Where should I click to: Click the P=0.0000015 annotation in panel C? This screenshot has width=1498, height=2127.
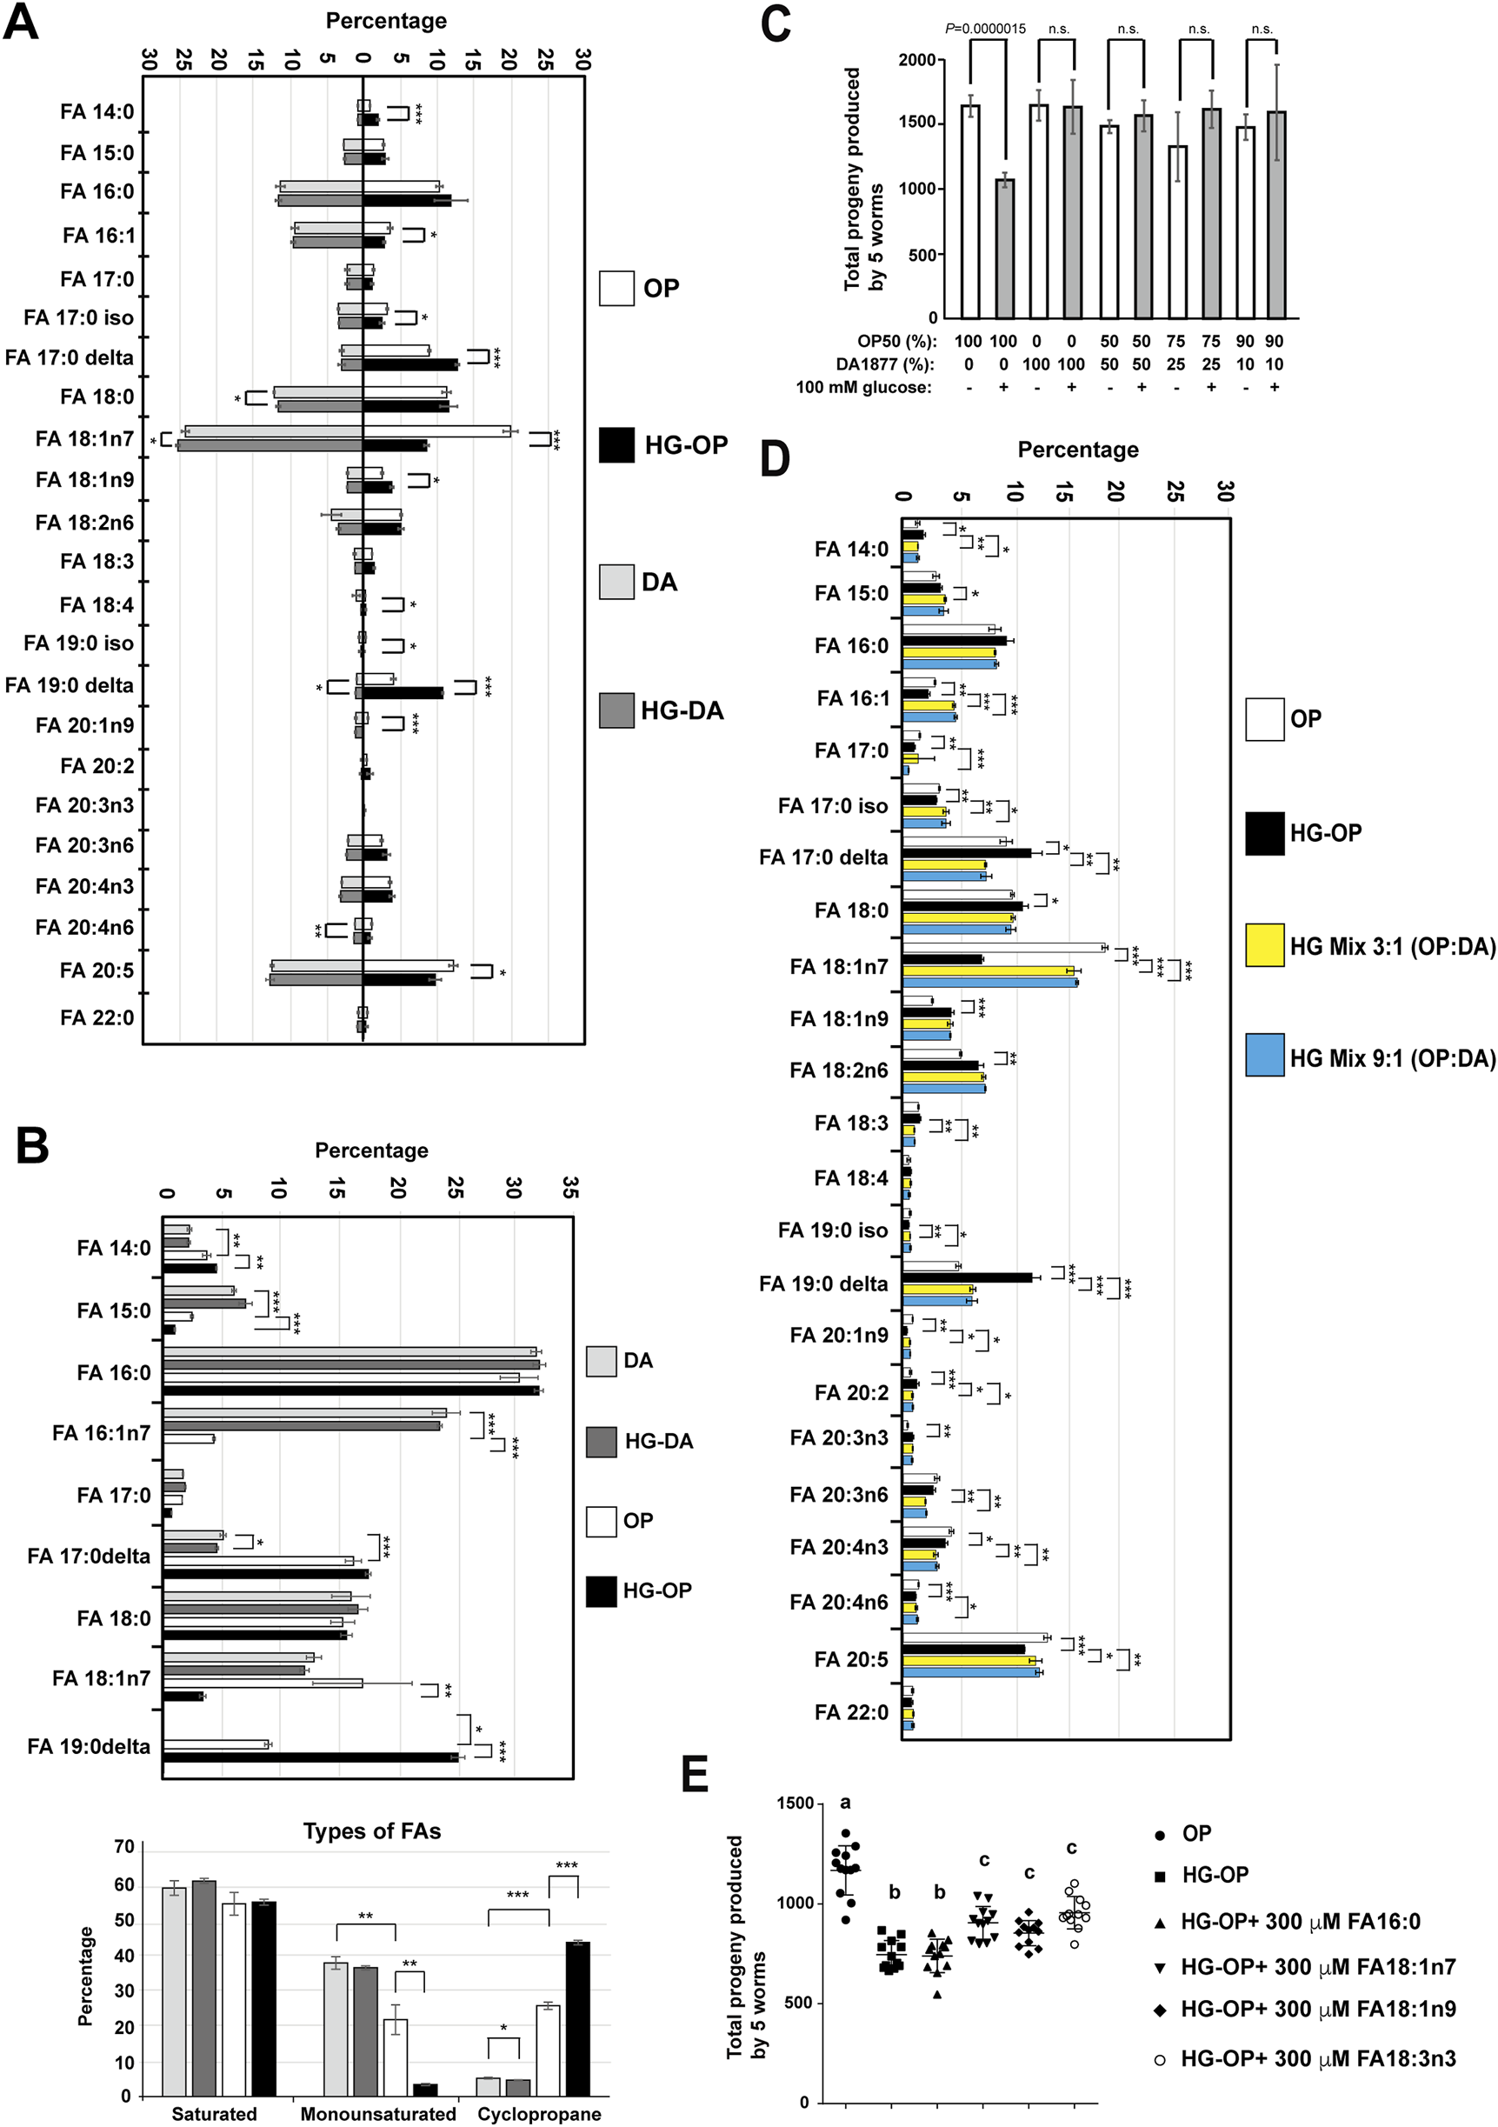point(985,29)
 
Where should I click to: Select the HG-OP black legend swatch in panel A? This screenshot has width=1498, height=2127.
point(616,444)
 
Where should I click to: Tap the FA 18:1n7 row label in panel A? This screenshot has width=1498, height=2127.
point(84,438)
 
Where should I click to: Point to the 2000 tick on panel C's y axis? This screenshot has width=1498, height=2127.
point(916,60)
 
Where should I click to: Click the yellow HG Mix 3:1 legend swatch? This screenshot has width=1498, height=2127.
point(1264,946)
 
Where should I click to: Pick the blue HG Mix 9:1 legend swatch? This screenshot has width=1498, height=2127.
point(1264,1057)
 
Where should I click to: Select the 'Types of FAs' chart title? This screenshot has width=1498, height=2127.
point(371,1831)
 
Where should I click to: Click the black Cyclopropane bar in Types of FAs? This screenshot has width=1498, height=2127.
point(577,2018)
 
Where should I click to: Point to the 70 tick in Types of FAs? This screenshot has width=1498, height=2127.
point(123,1847)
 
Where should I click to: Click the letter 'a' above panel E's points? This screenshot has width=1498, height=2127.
point(845,1802)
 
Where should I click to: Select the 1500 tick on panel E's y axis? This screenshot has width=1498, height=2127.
point(795,1803)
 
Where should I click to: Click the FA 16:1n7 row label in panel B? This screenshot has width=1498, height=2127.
point(100,1433)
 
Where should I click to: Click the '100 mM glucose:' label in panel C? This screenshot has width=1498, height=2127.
point(863,387)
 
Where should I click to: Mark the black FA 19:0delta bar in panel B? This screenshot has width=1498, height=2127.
point(311,1757)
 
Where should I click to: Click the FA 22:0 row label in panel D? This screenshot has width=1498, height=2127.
point(850,1712)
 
